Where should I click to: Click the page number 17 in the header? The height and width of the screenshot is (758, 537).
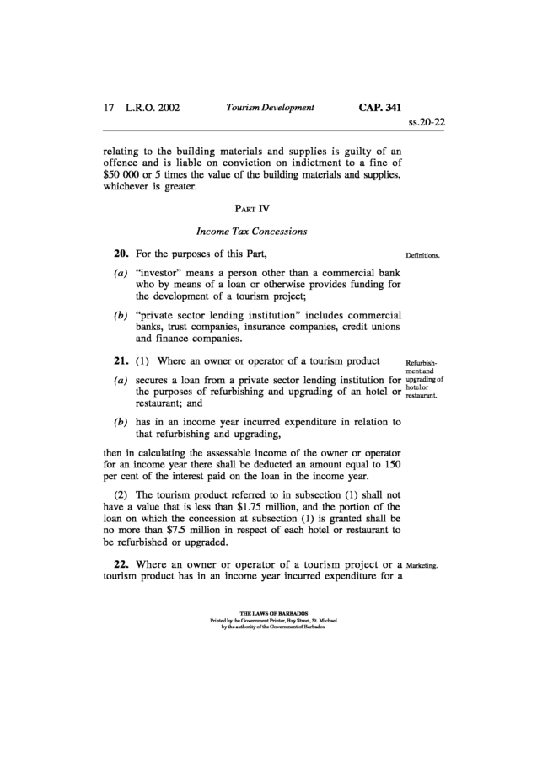point(108,108)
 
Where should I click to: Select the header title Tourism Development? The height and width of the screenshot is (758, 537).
point(270,108)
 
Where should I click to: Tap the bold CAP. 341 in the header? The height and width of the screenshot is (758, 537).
point(379,108)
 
